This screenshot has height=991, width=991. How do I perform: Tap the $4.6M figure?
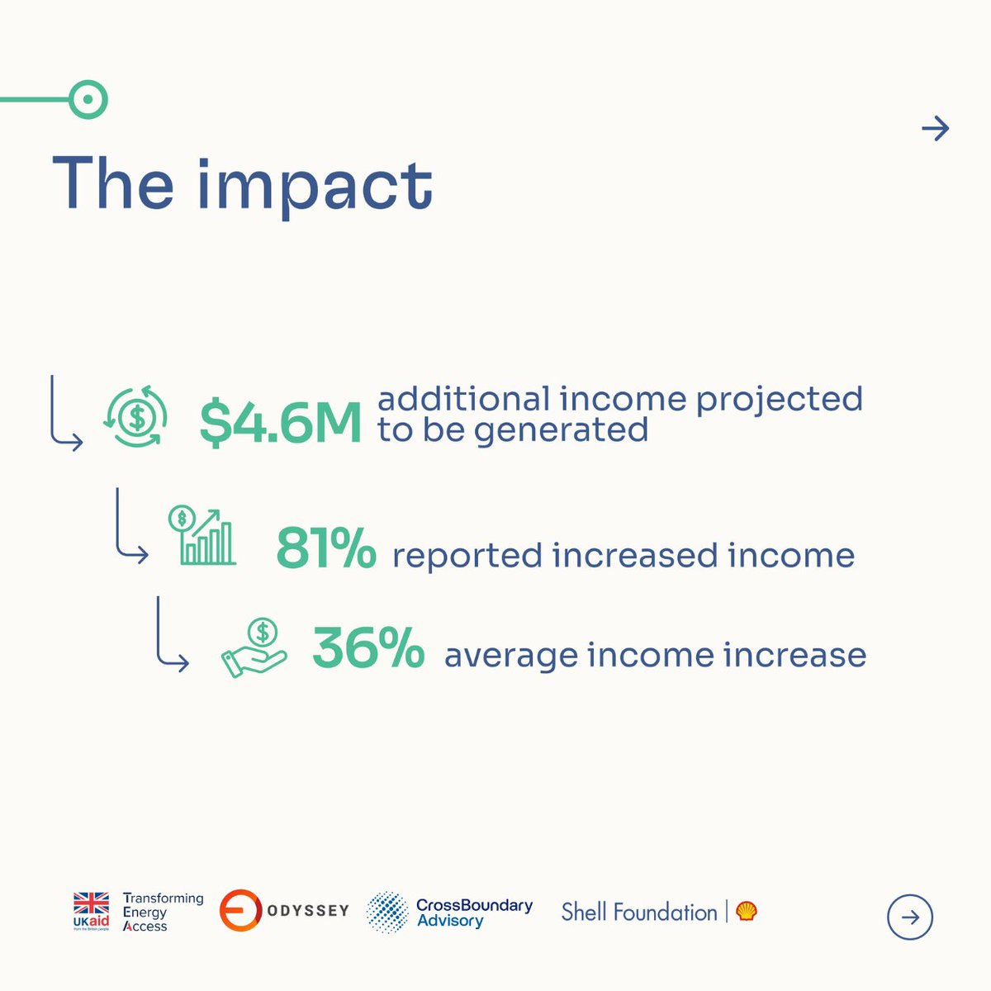[281, 424]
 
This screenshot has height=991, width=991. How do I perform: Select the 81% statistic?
[325, 549]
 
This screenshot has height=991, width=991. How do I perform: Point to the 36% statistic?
[368, 649]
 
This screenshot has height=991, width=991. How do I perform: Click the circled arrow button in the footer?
[909, 918]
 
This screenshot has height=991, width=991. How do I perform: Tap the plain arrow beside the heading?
[935, 129]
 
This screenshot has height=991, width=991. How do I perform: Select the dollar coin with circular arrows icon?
[136, 418]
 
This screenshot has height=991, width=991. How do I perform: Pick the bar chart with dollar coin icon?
[202, 535]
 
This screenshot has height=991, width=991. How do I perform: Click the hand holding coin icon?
[254, 649]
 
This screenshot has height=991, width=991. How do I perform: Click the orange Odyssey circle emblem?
[240, 911]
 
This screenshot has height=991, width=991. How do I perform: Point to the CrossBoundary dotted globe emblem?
[386, 913]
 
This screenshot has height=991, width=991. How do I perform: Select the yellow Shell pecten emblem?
[747, 911]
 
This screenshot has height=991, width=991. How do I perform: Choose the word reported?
[467, 555]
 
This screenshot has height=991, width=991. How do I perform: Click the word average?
[510, 656]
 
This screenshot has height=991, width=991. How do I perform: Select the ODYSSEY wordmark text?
[308, 911]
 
